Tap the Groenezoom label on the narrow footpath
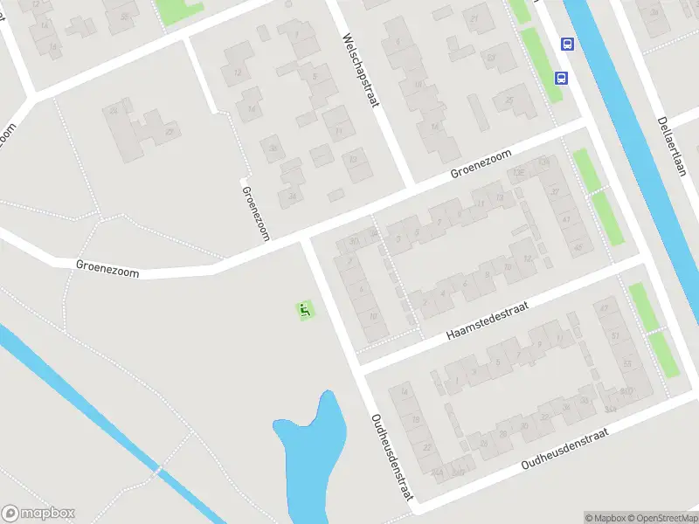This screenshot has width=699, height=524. pos(255,213)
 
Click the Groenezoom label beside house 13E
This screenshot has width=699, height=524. pos(482,162)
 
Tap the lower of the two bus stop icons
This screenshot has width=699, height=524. pos(560,77)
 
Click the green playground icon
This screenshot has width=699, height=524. pos(305,308)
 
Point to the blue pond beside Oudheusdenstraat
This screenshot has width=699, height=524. pos(306,454)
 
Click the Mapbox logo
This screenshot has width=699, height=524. pos(38,514)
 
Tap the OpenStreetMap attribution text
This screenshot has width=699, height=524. pos(661,518)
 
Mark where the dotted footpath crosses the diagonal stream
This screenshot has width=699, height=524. pos(158,471)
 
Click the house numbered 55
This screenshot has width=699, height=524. pos(626,363)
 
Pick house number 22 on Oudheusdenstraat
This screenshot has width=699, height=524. pos(426,447)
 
